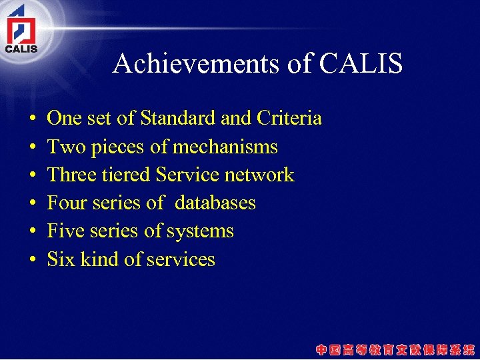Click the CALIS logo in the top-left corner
click(21, 31)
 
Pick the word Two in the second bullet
click(62, 147)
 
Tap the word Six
click(61, 259)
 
